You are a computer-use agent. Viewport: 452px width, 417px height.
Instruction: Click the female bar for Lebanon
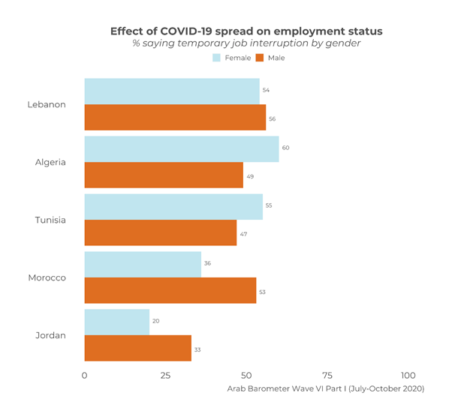(172, 91)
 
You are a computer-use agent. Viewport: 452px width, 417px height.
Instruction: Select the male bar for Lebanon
(175, 118)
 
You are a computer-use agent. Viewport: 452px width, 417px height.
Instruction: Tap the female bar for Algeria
(182, 148)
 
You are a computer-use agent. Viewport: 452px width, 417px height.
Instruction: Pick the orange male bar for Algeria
(164, 175)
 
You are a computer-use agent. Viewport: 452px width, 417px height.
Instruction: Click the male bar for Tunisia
(161, 233)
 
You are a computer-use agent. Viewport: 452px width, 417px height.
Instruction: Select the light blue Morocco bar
(143, 264)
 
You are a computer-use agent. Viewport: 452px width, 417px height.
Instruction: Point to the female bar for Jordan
(117, 322)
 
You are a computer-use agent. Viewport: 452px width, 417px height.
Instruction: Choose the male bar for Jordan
(138, 349)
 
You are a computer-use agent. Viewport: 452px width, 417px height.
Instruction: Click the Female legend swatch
(216, 58)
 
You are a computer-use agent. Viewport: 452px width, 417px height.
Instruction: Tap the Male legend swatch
(260, 58)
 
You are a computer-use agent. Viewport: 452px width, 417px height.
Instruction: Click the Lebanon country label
(47, 104)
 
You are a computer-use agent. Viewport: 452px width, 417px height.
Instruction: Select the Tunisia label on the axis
(50, 220)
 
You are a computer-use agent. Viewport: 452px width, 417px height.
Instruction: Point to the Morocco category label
(47, 277)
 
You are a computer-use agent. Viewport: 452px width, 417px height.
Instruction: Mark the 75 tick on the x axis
(327, 375)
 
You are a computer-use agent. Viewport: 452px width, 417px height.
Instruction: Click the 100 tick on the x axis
(408, 375)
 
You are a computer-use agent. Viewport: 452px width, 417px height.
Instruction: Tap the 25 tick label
(165, 375)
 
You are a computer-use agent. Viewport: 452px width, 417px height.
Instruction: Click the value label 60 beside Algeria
(286, 148)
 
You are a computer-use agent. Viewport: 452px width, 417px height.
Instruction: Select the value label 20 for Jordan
(156, 321)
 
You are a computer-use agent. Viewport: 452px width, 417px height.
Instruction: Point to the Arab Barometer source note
(326, 388)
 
